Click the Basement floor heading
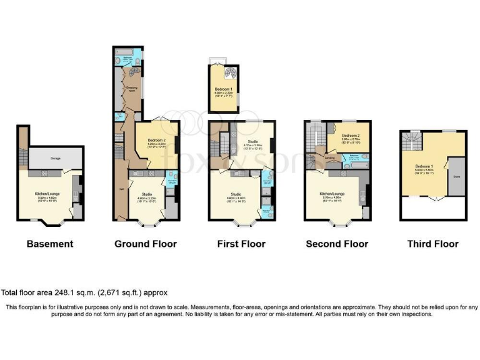point(50,244)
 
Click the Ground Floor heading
point(145,244)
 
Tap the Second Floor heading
point(337,244)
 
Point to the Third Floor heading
point(432,244)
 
